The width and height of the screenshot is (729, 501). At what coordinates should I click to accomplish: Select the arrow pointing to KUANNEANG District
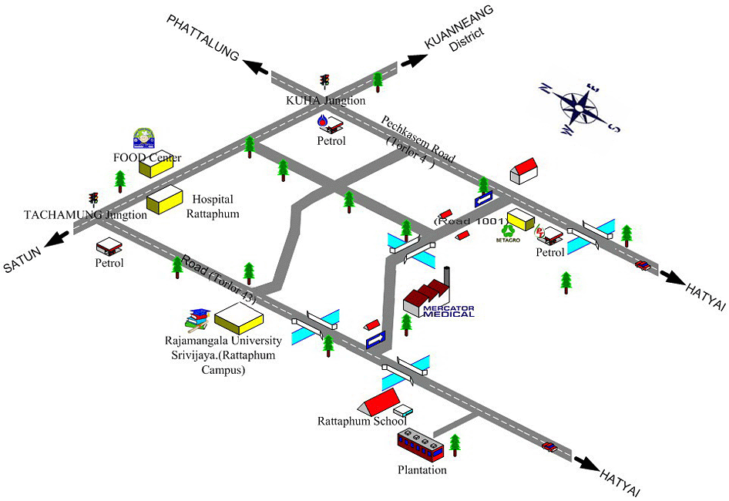click(x=413, y=61)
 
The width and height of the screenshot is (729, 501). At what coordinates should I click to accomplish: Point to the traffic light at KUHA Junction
click(x=325, y=81)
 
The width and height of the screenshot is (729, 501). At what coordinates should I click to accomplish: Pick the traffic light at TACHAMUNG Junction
click(x=94, y=200)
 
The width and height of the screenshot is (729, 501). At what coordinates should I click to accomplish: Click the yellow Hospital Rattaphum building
click(x=165, y=200)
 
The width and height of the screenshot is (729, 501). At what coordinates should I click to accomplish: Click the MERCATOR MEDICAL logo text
click(x=448, y=311)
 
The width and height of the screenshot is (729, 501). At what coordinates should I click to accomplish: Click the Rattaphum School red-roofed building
click(x=380, y=402)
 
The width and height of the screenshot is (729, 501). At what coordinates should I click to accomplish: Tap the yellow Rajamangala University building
click(x=239, y=317)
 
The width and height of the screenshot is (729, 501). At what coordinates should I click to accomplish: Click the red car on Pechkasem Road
click(x=641, y=265)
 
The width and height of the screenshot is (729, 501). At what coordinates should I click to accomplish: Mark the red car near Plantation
click(x=549, y=446)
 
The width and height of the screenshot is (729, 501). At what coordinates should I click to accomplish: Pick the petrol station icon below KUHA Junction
click(x=329, y=123)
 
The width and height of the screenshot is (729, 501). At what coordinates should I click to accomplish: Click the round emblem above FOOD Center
click(x=143, y=137)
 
